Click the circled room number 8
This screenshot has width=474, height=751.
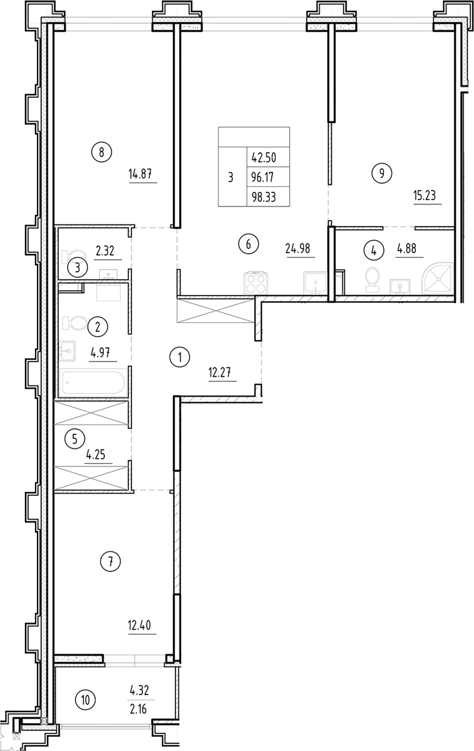pos(102,152)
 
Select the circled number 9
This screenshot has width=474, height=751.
pos(382,173)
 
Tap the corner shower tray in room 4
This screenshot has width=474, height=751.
pos(439,279)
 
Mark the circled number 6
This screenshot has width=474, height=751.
pos(248,244)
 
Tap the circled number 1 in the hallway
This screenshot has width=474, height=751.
pos(180,358)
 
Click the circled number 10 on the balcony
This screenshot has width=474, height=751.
pos(85,700)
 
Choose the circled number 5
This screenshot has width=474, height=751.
pos(74,439)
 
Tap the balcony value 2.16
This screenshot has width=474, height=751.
pos(138,710)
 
